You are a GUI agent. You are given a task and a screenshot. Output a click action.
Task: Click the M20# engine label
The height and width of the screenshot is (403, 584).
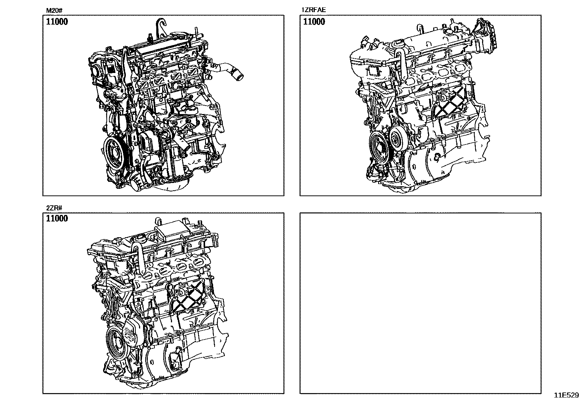point(54,10)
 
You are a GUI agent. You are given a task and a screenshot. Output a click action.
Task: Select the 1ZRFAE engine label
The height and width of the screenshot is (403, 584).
point(313,10)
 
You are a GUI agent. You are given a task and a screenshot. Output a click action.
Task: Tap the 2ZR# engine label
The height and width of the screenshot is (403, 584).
point(54,208)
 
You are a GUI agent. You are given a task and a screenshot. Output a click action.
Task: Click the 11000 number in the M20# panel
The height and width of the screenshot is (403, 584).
point(57,22)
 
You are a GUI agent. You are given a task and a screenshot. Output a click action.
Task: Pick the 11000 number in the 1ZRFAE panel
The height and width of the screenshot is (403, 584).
point(314,22)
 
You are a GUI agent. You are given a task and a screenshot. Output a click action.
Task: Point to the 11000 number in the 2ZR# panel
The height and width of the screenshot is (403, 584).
point(57,219)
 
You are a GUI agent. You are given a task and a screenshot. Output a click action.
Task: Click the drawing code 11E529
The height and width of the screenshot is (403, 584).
point(566,395)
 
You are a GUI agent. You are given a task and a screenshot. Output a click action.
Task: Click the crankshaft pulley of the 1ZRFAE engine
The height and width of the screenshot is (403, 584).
point(379,148)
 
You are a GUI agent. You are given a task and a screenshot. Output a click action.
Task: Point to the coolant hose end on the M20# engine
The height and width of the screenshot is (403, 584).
point(239,76)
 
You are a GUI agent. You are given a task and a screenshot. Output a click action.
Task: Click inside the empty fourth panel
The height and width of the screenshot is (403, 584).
point(420,303)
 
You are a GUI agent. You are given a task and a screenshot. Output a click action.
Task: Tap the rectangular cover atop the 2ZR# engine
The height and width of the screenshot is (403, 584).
point(172,230)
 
